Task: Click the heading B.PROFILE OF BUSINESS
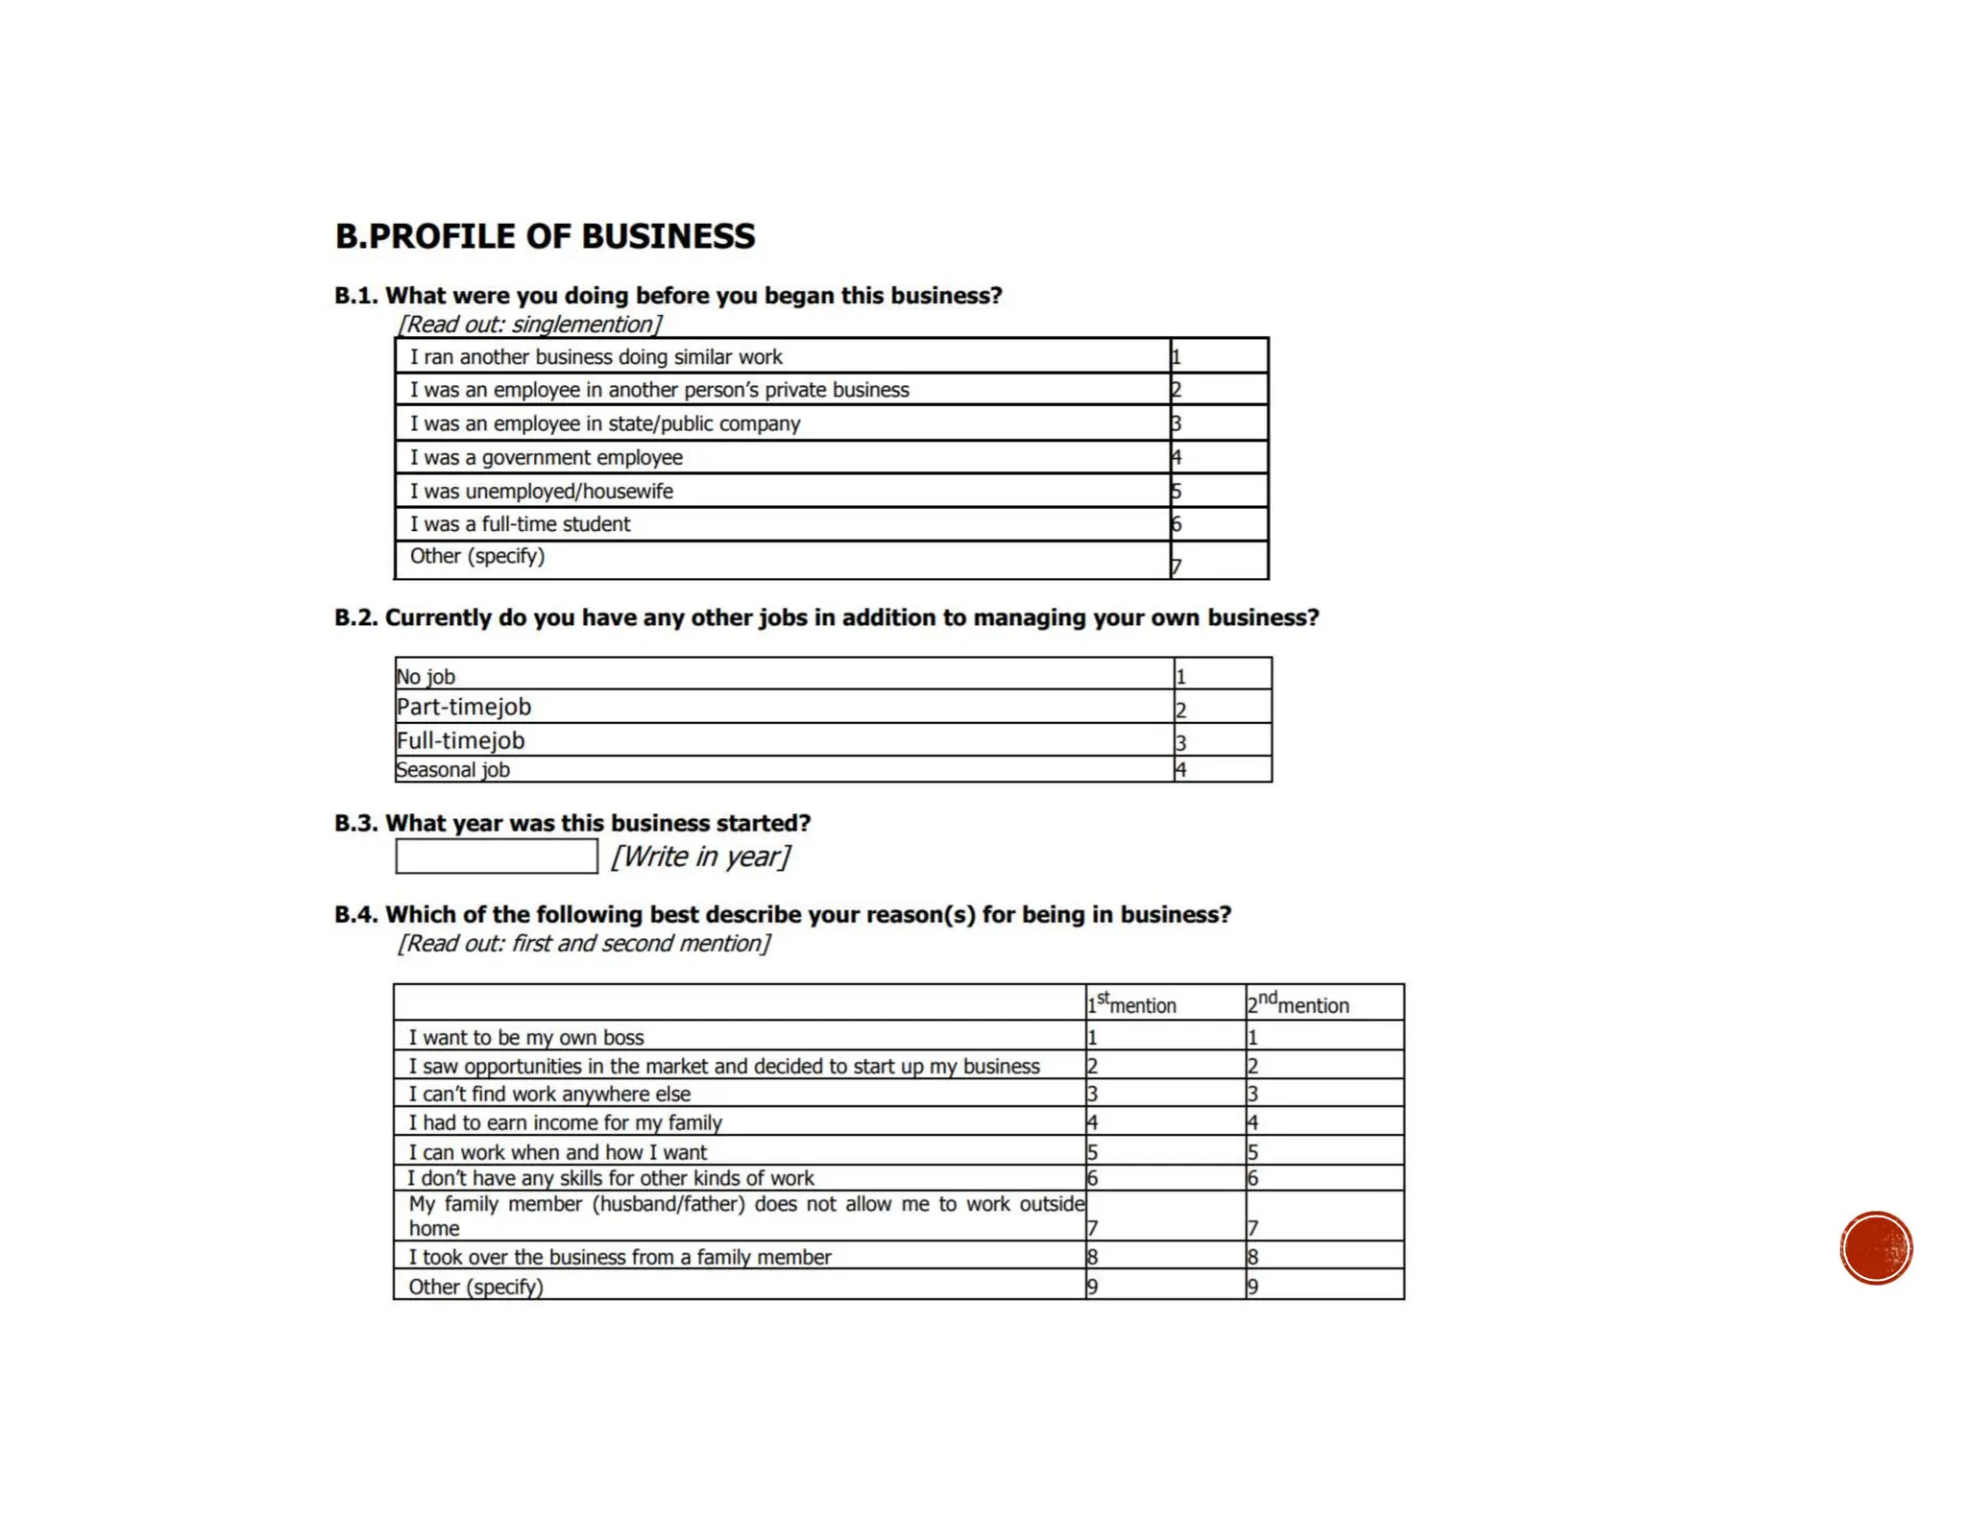coord(545,236)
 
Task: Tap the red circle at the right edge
coord(1876,1247)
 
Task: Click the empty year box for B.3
coord(496,856)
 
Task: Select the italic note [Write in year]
coord(701,856)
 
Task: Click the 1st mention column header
coord(1131,1003)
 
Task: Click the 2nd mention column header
coord(1298,1003)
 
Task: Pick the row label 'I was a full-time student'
coord(520,524)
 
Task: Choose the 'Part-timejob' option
coord(464,708)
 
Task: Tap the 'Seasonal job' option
coord(452,770)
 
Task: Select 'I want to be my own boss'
coord(525,1037)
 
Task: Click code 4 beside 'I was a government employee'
coord(1177,458)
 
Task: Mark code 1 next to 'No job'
coord(1181,676)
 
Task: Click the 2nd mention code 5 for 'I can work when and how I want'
coord(1252,1151)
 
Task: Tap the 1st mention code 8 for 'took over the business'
coord(1092,1257)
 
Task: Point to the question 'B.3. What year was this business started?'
coord(572,823)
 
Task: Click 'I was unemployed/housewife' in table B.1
coord(542,492)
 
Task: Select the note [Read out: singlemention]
coord(530,325)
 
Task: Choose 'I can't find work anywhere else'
coord(549,1094)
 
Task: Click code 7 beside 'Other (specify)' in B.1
coord(1177,567)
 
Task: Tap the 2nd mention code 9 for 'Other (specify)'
coord(1252,1287)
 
